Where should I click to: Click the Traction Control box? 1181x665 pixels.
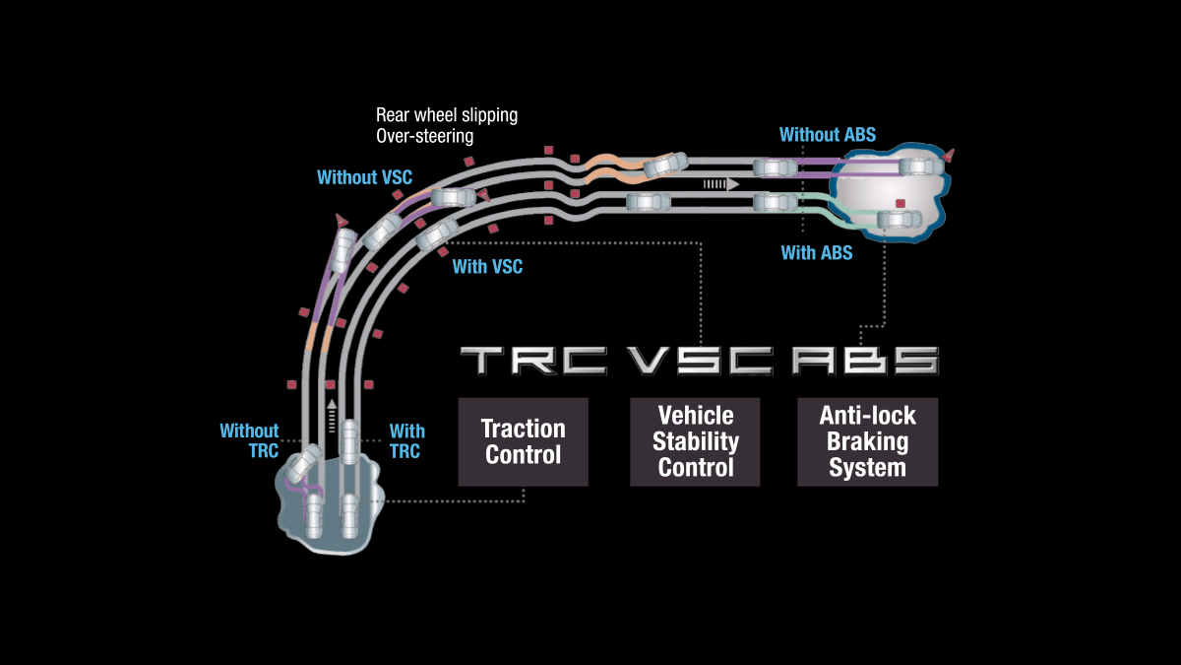click(523, 441)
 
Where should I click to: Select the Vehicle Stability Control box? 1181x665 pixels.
click(695, 441)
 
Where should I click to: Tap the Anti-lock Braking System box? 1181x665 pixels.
click(867, 441)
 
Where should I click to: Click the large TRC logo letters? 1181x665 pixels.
click(533, 361)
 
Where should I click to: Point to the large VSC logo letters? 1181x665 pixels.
click(700, 361)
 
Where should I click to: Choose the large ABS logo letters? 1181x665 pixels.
click(865, 361)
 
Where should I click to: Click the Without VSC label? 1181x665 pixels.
click(364, 178)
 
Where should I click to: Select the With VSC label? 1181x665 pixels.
click(487, 267)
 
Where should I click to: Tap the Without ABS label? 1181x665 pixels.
click(827, 135)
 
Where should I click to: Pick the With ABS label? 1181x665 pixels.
click(817, 253)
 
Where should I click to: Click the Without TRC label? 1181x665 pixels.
click(250, 441)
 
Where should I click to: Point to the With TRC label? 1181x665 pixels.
click(406, 441)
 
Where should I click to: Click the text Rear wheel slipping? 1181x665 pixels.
click(447, 115)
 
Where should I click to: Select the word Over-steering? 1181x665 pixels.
click(425, 136)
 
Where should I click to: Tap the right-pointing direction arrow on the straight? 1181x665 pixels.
click(720, 184)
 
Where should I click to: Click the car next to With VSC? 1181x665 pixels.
click(436, 235)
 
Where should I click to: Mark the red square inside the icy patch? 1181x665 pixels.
click(900, 204)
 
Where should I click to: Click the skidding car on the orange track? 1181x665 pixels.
click(666, 165)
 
